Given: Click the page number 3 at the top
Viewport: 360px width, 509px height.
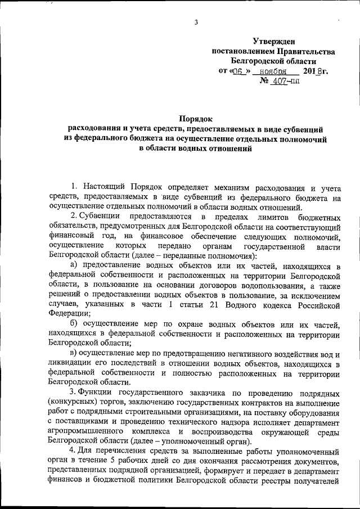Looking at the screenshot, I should tap(196, 22).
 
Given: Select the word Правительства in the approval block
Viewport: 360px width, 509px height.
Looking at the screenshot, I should tap(303, 51).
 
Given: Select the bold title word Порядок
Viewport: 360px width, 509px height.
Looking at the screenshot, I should tap(195, 119).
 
